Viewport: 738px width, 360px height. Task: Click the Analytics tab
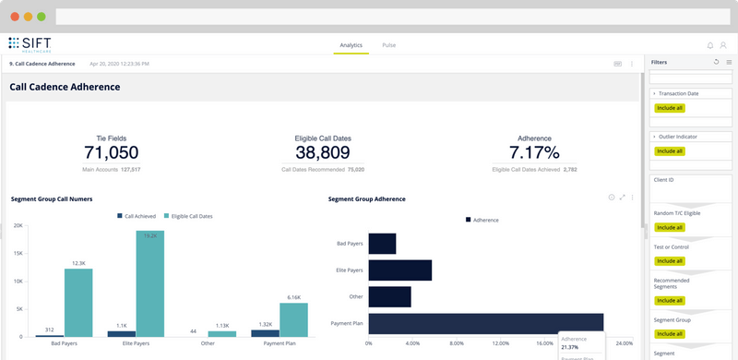pyautogui.click(x=351, y=44)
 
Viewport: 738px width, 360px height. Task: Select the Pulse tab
pyautogui.click(x=389, y=44)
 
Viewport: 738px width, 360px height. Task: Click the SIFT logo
pyautogui.click(x=31, y=43)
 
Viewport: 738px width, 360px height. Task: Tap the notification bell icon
pyautogui.click(x=709, y=44)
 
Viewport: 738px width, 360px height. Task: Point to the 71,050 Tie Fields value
pyautogui.click(x=111, y=153)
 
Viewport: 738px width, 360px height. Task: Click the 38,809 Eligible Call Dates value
pyautogui.click(x=323, y=153)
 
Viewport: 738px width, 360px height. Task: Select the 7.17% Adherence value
pyautogui.click(x=534, y=153)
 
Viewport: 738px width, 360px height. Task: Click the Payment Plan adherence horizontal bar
pyautogui.click(x=485, y=324)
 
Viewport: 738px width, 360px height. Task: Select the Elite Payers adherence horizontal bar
pyautogui.click(x=399, y=270)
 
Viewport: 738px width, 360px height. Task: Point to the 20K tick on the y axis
pyautogui.click(x=18, y=225)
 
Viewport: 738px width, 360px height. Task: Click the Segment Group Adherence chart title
pyautogui.click(x=366, y=198)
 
